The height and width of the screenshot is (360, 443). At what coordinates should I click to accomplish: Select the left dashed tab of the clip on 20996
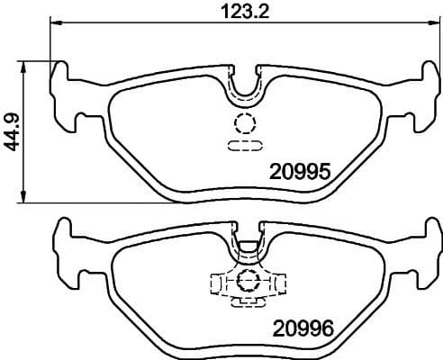tap(216, 283)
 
